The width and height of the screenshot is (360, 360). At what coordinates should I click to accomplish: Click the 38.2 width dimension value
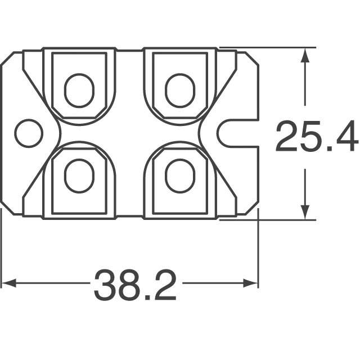[135, 285]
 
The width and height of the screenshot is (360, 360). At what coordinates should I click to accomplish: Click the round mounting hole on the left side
[29, 133]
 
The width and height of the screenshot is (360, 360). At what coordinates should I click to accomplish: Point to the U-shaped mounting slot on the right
[236, 133]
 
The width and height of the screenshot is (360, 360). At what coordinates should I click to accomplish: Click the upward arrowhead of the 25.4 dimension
[305, 53]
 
